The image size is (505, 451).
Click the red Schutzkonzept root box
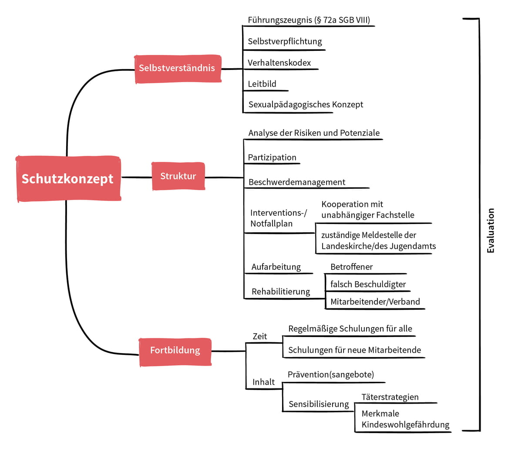coord(69,179)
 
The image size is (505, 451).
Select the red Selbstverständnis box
coord(178,69)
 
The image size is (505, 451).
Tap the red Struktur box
coord(178,176)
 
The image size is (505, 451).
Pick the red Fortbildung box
coord(175,352)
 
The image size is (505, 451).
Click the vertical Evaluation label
coord(490,231)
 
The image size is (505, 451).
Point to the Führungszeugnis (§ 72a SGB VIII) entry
coord(309,20)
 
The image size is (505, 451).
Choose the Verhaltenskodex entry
coord(279,63)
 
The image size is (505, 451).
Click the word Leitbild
coord(262,84)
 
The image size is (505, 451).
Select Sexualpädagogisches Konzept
coord(306,104)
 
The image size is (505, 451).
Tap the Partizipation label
coord(272,157)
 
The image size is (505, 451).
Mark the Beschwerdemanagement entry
coord(297,182)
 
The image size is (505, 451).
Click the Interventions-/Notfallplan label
coord(279,218)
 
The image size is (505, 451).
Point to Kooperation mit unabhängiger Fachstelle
coord(368,210)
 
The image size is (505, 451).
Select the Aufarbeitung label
coord(276,267)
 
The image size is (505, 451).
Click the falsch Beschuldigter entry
coord(368,284)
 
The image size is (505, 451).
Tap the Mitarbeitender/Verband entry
coord(375,302)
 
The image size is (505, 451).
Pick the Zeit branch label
coord(259,337)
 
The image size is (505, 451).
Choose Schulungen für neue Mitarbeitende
coord(355,350)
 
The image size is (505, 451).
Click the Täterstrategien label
coord(390,397)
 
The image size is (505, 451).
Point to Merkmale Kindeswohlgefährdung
coord(405,419)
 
